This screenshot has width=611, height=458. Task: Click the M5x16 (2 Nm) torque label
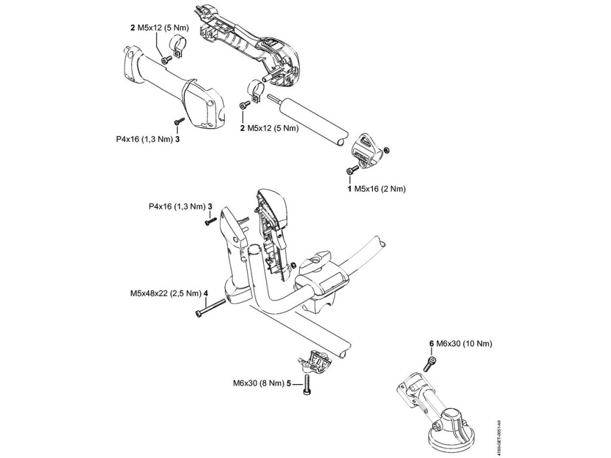click(x=380, y=188)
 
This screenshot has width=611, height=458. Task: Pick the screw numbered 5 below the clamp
click(x=307, y=383)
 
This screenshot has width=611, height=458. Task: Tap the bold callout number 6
click(x=431, y=344)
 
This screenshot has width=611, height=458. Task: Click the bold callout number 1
click(x=350, y=188)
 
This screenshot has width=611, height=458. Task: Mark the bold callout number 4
click(x=205, y=293)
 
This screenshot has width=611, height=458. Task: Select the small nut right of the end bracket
click(x=388, y=148)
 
